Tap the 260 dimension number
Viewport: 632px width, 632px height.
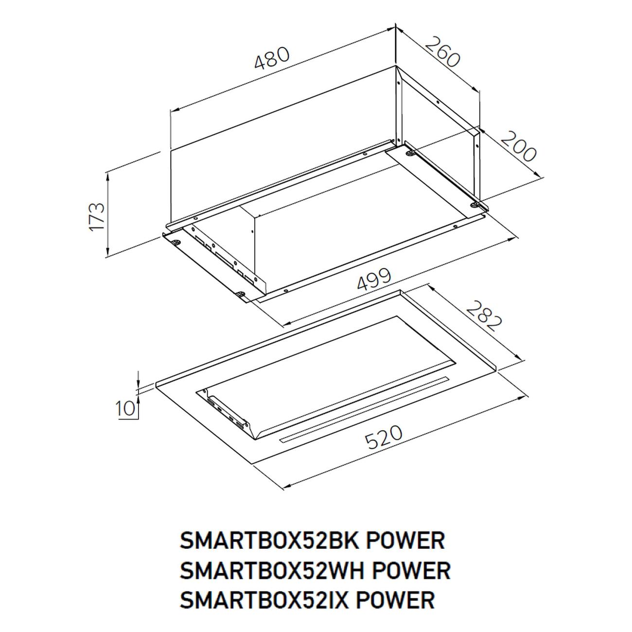click(x=443, y=52)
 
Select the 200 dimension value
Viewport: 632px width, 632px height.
click(x=518, y=146)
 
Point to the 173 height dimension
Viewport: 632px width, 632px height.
click(x=97, y=217)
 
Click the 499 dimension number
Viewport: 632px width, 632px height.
click(x=374, y=280)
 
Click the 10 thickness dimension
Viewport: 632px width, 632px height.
click(x=125, y=408)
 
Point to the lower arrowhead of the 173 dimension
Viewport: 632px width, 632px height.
click(x=108, y=250)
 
